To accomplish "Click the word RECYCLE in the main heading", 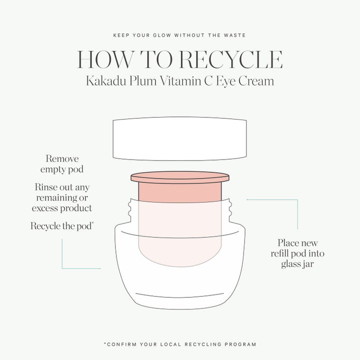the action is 231,59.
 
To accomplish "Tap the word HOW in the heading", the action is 105,59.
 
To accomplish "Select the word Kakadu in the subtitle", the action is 106,81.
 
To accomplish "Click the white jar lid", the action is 180,138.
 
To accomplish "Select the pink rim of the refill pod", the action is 180,177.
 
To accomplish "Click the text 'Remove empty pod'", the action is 62,164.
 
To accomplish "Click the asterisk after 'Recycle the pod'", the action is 92,223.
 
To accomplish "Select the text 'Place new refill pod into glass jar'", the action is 297,253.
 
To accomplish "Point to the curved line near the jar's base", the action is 180,295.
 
